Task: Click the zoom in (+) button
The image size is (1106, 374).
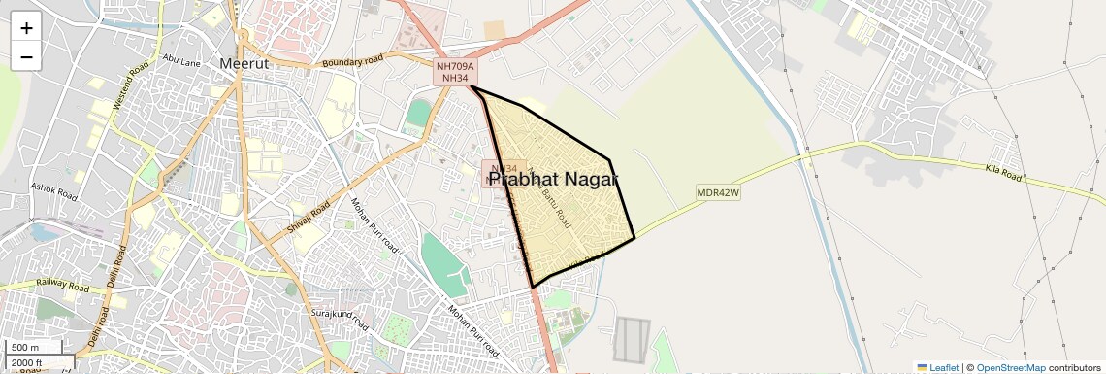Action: [x=26, y=28]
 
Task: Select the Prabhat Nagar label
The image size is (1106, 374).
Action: [x=553, y=180]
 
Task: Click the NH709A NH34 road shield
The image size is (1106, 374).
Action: [x=454, y=72]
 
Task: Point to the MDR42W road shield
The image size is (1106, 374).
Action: [x=718, y=193]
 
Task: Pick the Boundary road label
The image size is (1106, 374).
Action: [x=353, y=61]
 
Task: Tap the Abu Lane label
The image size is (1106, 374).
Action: [x=181, y=60]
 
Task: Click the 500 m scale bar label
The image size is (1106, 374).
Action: [x=25, y=348]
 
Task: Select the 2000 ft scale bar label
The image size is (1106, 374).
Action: [x=26, y=363]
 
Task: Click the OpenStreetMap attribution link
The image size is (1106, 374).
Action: [x=1010, y=368]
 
